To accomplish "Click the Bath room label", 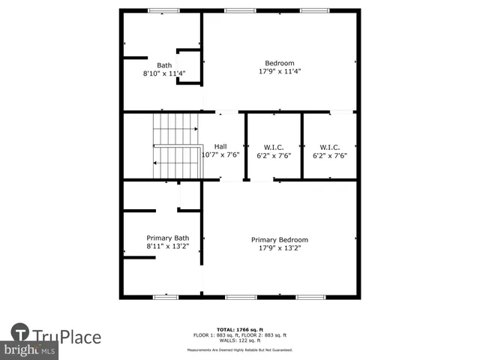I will click(163, 64).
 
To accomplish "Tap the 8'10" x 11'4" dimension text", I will click(163, 73).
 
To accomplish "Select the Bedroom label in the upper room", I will click(279, 63).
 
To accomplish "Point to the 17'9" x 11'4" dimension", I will click(279, 72).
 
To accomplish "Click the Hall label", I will click(220, 146).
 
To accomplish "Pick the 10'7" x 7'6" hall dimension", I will click(220, 155).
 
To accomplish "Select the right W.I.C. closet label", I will click(329, 146).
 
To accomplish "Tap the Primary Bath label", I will click(167, 238).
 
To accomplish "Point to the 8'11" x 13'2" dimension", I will click(167, 247).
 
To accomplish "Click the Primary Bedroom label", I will click(279, 240).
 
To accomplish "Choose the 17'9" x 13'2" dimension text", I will click(279, 248).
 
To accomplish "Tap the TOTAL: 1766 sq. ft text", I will click(239, 329).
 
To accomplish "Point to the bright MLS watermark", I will click(30, 350).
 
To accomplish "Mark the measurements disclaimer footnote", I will click(239, 349).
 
